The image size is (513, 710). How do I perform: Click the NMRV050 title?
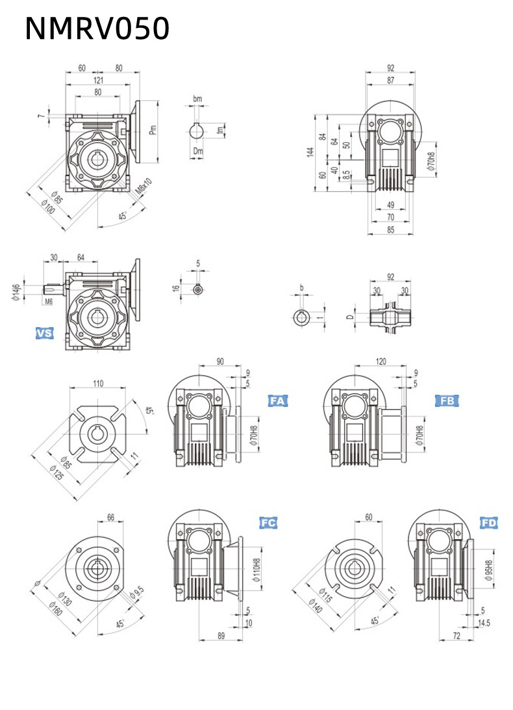97,29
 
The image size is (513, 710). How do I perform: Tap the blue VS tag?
44,334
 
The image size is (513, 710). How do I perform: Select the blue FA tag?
277,401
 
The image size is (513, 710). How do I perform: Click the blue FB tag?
447,401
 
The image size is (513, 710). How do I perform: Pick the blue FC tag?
269,522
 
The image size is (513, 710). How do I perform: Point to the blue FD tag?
489,523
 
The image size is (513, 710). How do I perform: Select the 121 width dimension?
97,80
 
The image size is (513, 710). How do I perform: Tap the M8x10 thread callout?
145,187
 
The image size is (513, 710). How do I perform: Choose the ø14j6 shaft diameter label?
16,292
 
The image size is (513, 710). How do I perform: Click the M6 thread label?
49,301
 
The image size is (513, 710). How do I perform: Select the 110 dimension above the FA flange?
97,384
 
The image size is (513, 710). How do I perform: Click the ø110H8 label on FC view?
256,570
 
